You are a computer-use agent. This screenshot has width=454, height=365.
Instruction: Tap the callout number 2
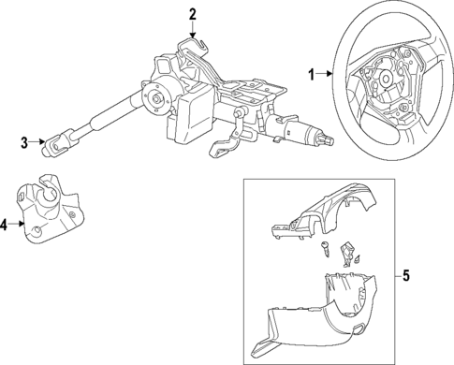pyautogui.click(x=193, y=13)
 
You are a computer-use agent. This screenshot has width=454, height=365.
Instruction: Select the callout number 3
pyautogui.click(x=25, y=143)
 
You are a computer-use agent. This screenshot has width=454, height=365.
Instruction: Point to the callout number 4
pyautogui.click(x=6, y=225)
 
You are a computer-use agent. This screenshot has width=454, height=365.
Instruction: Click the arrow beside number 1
pyautogui.click(x=325, y=72)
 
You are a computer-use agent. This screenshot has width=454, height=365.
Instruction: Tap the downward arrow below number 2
pyautogui.click(x=193, y=31)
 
